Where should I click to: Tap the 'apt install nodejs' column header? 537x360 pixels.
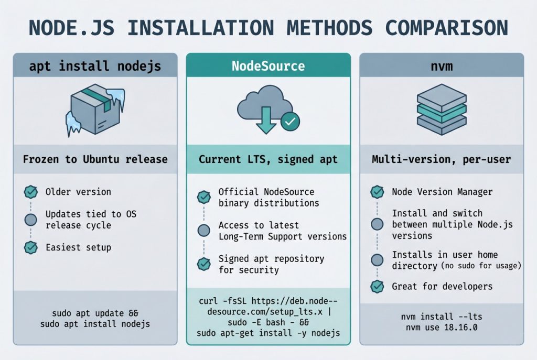pos(95,67)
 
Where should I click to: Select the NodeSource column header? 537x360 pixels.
pos(268,66)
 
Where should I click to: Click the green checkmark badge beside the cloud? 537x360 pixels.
pos(290,122)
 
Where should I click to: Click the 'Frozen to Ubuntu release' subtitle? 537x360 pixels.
pos(95,159)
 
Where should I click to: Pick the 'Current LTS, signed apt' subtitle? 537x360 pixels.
pos(268,159)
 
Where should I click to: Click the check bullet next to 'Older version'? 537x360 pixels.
pos(31,192)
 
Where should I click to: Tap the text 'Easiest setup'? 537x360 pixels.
pos(78,247)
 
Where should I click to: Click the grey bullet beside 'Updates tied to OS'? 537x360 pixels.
pos(31,220)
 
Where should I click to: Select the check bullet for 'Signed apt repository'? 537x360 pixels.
pos(203,264)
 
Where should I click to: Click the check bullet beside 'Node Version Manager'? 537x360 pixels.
pos(377,192)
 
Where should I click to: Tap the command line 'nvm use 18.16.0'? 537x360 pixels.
pos(441,328)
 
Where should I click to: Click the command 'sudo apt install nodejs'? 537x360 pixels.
pos(95,324)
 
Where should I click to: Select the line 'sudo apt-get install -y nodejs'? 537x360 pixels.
pos(268,333)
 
